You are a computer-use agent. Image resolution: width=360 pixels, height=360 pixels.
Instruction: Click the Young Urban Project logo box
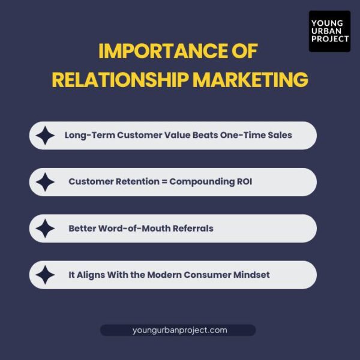329,31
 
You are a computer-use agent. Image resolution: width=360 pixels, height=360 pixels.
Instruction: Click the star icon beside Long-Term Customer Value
45,136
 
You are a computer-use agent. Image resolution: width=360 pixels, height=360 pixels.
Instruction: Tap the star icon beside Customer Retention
45,182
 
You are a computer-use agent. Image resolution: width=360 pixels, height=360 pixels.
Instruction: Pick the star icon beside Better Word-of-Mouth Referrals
45,229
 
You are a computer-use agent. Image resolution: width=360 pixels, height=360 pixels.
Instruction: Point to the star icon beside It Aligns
45,275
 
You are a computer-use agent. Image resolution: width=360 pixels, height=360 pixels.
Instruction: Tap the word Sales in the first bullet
279,135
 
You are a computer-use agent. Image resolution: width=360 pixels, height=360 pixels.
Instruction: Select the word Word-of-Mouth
134,228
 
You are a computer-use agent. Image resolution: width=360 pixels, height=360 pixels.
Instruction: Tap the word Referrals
191,228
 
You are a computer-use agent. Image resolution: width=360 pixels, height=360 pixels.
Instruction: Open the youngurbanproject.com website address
179,330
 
